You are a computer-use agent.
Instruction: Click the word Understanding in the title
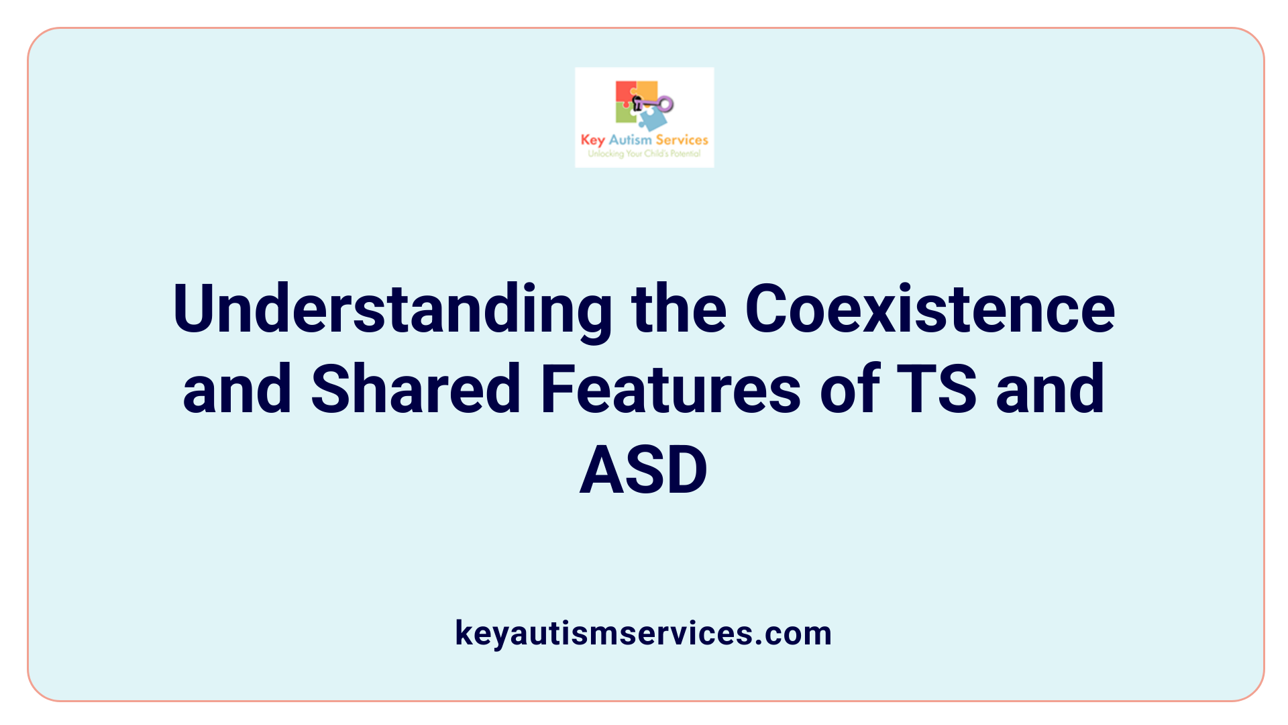tap(392, 309)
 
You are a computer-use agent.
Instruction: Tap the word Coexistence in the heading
tap(930, 309)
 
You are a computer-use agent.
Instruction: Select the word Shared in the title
tap(416, 389)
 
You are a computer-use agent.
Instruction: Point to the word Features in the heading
tap(670, 389)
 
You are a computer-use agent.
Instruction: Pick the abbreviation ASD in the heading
tap(643, 470)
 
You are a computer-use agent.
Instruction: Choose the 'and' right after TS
tap(1050, 389)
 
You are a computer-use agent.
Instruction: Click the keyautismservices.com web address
tap(643, 633)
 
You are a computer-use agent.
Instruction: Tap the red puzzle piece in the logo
tap(625, 92)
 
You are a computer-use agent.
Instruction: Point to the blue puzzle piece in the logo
tap(652, 120)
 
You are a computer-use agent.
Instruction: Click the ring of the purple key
tap(665, 104)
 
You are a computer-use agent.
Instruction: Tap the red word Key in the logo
tap(592, 140)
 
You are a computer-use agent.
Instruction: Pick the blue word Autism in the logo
tap(630, 140)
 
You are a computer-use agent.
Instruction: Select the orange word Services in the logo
tap(682, 140)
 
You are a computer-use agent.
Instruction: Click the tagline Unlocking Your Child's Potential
tap(644, 154)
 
